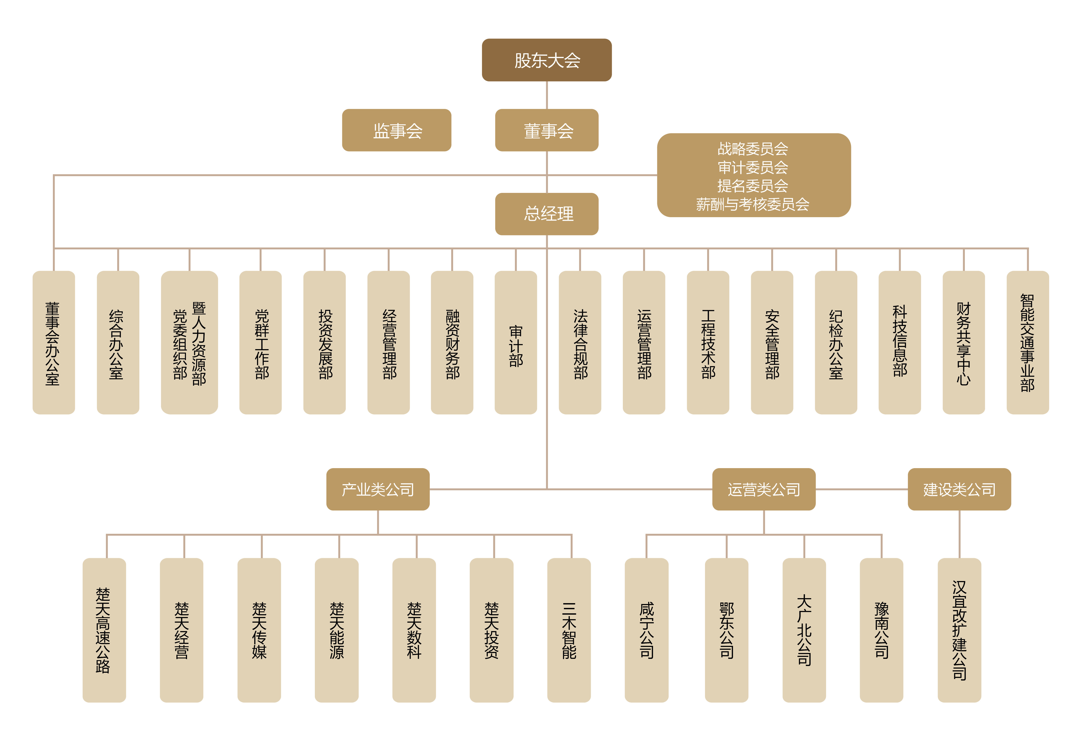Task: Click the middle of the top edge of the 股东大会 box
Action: tap(547, 39)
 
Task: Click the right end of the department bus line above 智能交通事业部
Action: tap(1027, 248)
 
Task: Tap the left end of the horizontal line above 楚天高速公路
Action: tap(107, 534)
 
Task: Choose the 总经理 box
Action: tap(547, 214)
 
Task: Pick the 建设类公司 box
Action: tap(959, 489)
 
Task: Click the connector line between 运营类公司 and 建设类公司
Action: tap(862, 489)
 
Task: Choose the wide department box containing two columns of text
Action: tap(190, 343)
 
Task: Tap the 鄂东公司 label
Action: tap(727, 630)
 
